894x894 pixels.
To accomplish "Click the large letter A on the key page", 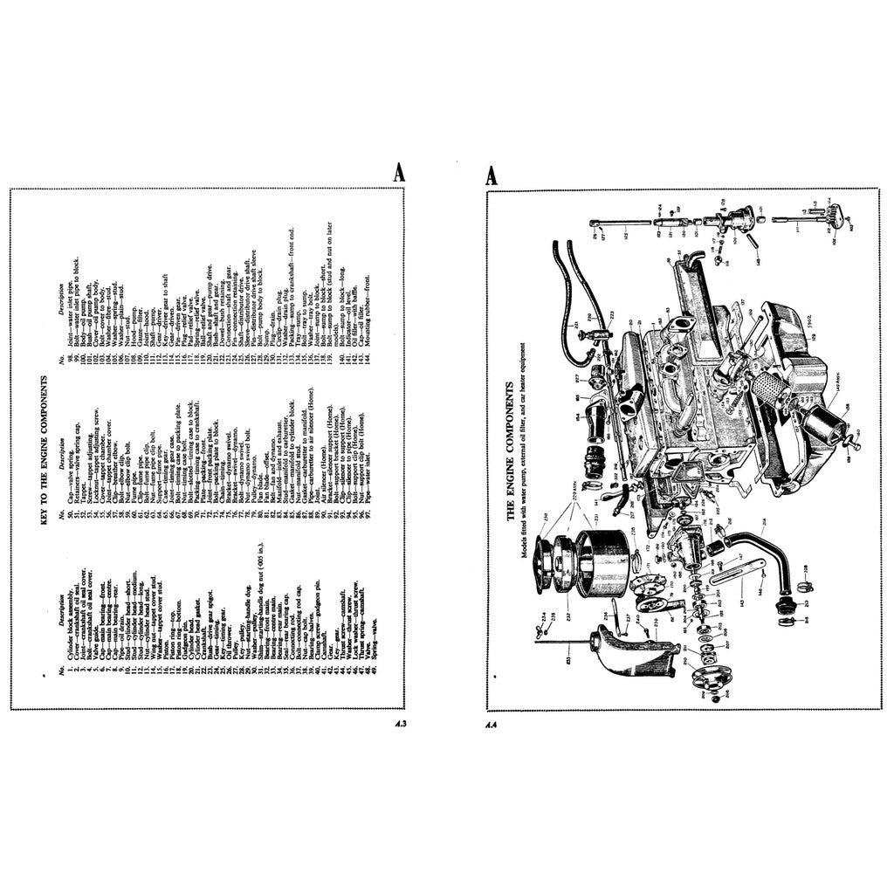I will tap(398, 174).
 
